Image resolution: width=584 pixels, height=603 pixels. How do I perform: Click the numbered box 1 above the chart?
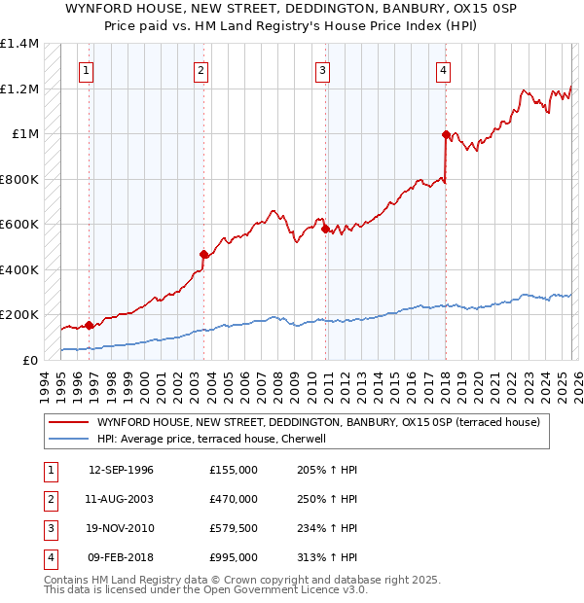click(87, 70)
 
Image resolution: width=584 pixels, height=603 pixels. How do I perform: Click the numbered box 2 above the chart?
click(200, 70)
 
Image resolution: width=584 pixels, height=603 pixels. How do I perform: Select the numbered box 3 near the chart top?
click(322, 70)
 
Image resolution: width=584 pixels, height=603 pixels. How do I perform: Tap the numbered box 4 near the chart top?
click(443, 70)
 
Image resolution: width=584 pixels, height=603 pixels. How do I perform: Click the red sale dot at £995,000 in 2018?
click(446, 134)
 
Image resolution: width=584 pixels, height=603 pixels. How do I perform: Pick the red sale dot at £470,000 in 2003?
click(204, 254)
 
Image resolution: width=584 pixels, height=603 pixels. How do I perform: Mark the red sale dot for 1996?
click(89, 325)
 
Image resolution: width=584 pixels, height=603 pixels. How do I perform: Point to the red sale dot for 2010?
click(326, 229)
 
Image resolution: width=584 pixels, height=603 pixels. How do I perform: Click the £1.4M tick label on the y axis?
click(19, 44)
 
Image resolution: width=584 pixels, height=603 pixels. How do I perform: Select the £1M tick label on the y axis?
click(24, 134)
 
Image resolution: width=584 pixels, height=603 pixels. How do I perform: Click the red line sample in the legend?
click(67, 422)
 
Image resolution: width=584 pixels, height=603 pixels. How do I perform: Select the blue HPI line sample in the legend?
click(67, 439)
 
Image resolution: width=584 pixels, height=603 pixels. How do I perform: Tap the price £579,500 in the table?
click(234, 528)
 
